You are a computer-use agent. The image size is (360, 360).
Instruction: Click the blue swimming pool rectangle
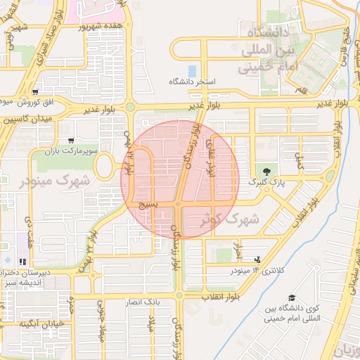[x=192, y=71]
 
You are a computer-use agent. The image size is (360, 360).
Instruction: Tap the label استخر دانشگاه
[x=192, y=82]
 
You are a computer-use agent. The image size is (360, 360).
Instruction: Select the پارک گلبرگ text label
[x=262, y=181]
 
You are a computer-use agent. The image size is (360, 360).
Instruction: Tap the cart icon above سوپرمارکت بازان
[x=69, y=140]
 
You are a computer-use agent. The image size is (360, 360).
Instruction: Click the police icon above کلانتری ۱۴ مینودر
[x=256, y=259]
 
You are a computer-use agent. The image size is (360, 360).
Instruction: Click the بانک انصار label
[x=143, y=302]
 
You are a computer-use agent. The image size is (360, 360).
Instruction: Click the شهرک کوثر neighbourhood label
[x=230, y=219]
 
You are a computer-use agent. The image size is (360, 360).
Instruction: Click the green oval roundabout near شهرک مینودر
[x=103, y=167]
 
